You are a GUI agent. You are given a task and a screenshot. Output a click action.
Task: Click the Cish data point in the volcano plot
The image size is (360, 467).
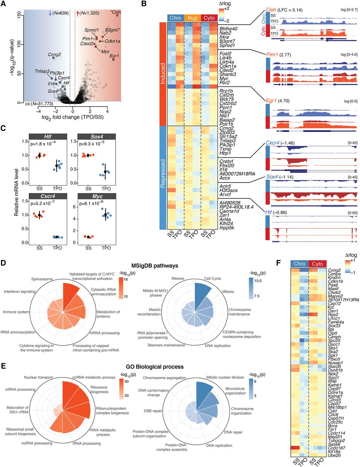pos(117,15)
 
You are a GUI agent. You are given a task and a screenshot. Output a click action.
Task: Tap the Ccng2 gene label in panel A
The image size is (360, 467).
pos(54,55)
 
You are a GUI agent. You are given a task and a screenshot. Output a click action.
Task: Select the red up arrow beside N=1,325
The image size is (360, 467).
pos(78,13)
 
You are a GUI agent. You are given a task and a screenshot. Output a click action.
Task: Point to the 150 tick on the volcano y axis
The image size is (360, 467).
pos(19,15)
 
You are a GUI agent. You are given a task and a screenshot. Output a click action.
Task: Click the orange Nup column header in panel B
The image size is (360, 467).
pos(193,18)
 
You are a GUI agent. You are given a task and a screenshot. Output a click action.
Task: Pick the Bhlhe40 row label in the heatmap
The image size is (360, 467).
pos(228,29)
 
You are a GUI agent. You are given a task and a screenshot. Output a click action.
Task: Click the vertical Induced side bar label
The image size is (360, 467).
pos(163,73)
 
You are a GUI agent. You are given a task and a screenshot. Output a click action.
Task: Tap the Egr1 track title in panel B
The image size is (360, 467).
pos(271,101)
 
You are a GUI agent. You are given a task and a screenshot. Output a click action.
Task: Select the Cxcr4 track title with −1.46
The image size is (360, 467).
pos(280,143)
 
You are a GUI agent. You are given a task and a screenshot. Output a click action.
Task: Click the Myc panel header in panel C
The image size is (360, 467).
pos(97,196)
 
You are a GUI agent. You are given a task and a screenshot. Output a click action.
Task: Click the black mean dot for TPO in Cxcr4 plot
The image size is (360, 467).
pos(57,237)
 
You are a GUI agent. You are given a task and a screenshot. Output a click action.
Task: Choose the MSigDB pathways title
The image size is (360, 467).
pos(155,266)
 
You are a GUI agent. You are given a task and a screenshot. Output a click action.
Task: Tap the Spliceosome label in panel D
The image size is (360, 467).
pos(42,279)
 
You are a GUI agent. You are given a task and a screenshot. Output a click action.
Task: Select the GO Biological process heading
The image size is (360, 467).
pos(155,367)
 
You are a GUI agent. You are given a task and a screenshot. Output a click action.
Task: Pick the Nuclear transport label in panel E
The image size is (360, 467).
pos(38,377)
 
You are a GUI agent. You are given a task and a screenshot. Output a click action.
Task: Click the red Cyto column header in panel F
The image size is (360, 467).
pos(317,264)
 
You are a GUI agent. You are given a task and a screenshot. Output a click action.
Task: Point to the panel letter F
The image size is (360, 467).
pos(278,263)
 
